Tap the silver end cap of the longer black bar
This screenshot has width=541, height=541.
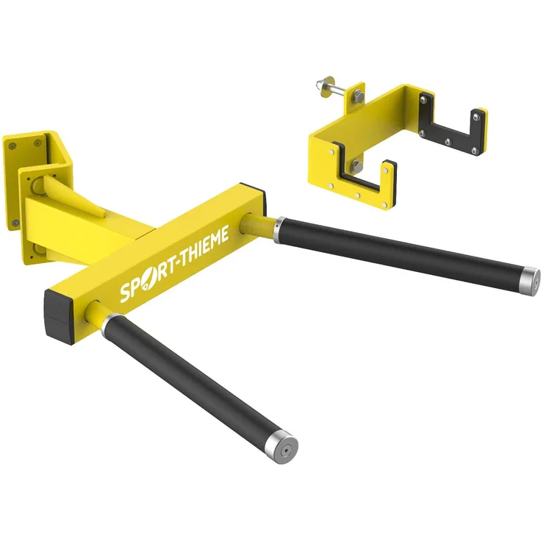point(530,282)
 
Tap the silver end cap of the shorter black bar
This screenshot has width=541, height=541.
point(283,447)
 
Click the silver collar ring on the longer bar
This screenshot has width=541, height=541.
point(278,230)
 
